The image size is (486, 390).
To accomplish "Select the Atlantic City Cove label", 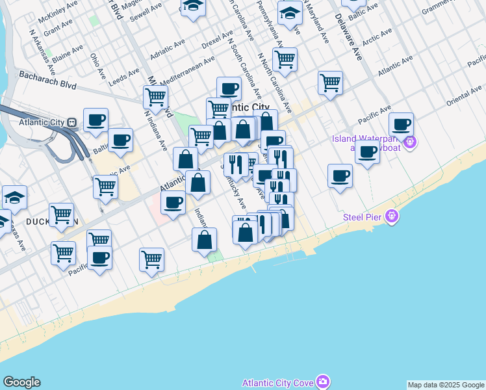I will point(278,382).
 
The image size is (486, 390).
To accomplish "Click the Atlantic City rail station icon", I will point(72,122).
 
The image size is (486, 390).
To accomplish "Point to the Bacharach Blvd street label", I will point(47,80).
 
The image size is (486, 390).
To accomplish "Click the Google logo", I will point(21,382).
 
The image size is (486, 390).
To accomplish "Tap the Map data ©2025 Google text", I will point(446,385).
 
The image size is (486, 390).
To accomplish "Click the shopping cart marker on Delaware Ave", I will point(330,83).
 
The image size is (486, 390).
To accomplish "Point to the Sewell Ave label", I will point(146,14).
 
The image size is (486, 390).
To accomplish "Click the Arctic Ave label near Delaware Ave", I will point(377,38).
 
